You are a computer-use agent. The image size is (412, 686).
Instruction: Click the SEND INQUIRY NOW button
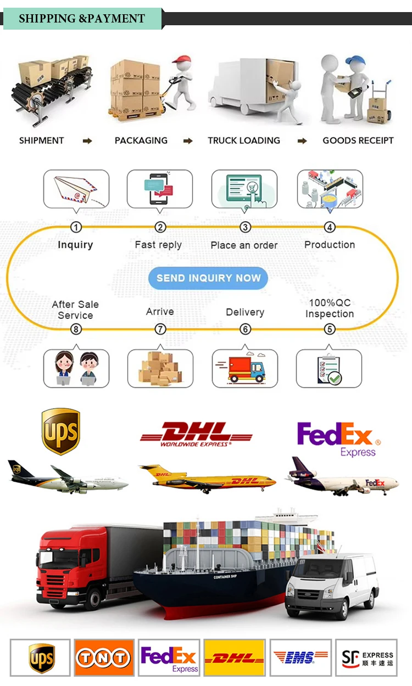coord(208,278)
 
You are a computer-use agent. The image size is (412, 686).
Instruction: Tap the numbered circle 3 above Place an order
coord(245,227)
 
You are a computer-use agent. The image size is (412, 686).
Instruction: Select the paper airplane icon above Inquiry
coord(76,189)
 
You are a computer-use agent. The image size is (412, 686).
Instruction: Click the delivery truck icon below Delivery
coord(244,368)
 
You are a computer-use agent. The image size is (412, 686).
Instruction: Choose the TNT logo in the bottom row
coord(104,657)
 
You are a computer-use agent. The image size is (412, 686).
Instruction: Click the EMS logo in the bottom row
coord(300,657)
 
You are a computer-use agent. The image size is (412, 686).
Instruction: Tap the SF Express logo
coord(366,657)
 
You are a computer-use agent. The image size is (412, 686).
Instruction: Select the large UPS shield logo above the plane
coord(61,431)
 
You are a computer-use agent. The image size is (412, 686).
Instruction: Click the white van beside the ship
coord(332,584)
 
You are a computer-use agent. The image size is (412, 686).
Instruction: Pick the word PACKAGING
coord(141,140)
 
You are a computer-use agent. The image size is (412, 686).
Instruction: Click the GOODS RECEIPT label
coord(358,140)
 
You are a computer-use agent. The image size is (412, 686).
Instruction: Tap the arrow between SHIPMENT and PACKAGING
coord(87,141)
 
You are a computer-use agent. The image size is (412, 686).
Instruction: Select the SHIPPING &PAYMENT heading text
coord(82,19)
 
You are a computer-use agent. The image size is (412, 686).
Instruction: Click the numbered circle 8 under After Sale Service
coord(76,329)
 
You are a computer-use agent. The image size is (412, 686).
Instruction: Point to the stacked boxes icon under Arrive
coord(160,368)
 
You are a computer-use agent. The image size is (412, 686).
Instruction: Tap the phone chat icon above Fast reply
coord(159,189)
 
